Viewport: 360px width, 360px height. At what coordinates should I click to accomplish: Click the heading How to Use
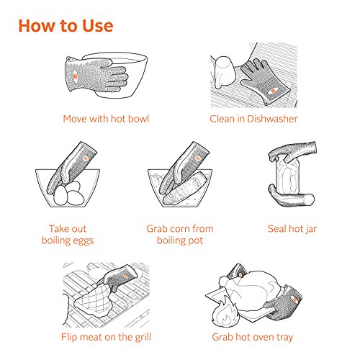(x=66, y=26)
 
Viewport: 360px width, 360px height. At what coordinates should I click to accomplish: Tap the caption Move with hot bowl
(x=106, y=119)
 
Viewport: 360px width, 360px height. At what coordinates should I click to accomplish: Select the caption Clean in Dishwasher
(x=253, y=119)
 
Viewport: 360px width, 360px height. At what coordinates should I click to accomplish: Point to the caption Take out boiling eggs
(x=68, y=235)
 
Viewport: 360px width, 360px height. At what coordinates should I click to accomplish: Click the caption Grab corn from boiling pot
(x=180, y=235)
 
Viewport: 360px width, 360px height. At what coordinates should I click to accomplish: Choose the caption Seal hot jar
(x=292, y=229)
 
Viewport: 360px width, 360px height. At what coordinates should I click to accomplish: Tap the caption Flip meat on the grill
(x=106, y=337)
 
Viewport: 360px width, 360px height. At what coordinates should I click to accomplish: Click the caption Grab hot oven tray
(x=253, y=337)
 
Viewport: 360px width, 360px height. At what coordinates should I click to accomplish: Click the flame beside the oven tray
(x=225, y=312)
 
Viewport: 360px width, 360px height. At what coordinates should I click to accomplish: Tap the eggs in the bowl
(x=69, y=194)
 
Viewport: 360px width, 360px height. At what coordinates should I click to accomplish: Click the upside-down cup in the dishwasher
(x=224, y=71)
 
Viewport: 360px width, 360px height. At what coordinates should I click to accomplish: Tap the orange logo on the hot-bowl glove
(x=75, y=76)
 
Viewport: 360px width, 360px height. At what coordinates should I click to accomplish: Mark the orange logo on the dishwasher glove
(x=273, y=91)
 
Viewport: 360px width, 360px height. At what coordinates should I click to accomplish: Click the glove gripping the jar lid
(x=294, y=152)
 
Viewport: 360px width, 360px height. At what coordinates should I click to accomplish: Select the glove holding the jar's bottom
(x=290, y=197)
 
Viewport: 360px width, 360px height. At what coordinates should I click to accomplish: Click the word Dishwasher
(x=272, y=119)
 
